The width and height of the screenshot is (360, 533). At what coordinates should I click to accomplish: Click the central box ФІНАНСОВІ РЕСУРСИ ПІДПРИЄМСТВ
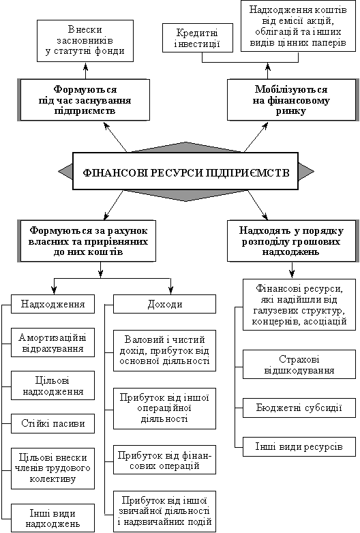point(185,171)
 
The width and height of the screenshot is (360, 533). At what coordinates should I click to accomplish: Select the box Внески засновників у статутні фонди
point(85,41)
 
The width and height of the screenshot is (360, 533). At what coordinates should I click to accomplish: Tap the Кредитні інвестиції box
point(198,37)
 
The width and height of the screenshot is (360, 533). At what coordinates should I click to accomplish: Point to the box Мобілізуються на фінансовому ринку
point(292,100)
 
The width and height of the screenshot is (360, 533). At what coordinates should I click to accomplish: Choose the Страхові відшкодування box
point(299,365)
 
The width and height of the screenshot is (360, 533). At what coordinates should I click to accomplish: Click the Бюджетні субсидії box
point(299,408)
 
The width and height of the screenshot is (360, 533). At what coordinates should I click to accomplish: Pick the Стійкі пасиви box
point(52,423)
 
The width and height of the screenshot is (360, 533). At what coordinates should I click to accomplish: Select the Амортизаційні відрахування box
point(52,342)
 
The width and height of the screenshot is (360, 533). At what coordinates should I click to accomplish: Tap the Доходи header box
point(164,304)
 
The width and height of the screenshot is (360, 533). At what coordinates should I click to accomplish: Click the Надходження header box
point(52,303)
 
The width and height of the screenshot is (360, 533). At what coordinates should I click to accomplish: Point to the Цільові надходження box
point(52,386)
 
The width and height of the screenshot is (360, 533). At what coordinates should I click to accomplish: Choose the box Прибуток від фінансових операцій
point(164,459)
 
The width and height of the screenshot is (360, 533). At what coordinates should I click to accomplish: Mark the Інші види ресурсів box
point(299,446)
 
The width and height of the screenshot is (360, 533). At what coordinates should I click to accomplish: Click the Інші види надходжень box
point(52,518)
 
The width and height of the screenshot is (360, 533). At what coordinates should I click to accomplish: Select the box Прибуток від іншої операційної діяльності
point(164,408)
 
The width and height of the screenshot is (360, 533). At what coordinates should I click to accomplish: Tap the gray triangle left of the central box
point(66,171)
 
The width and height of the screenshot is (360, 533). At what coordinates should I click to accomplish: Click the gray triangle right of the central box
point(306,171)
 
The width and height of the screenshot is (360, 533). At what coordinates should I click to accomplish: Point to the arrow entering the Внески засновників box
point(85,70)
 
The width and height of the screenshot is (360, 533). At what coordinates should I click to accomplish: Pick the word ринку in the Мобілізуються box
point(291,111)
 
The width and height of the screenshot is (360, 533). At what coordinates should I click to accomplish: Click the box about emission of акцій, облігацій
point(298,26)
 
